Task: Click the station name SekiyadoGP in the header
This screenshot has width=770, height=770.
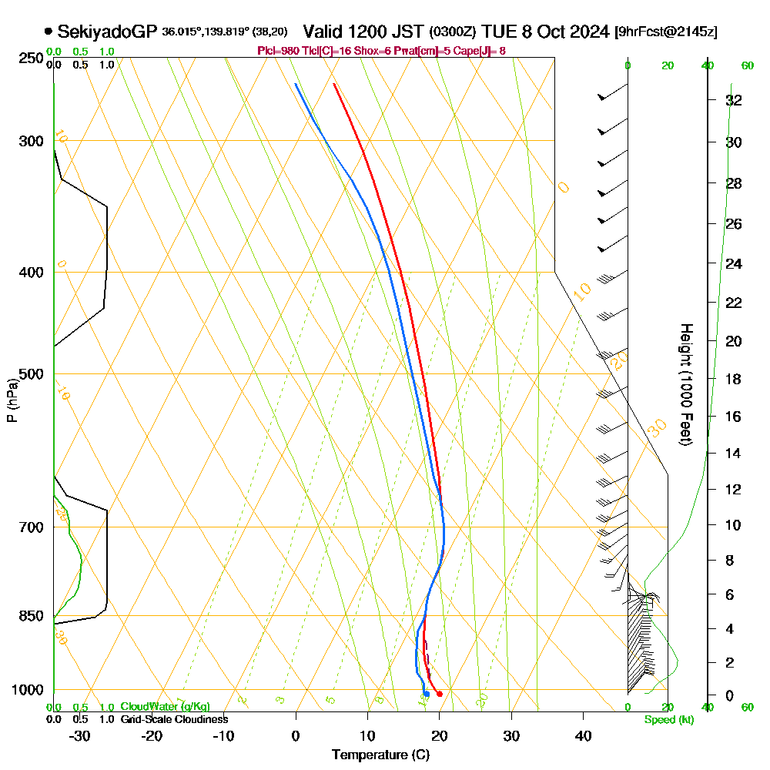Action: coord(107,32)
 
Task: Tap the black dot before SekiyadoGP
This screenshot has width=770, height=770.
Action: coord(49,32)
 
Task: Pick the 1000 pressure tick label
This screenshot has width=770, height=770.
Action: coord(27,690)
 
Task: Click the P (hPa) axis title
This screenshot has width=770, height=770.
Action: coord(12,400)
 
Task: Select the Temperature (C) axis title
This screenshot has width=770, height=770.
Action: coord(380,755)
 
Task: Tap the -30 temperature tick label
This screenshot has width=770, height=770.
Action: coord(80,735)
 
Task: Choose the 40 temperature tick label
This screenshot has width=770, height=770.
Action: coord(583,735)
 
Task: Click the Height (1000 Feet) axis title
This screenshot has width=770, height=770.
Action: coord(685,383)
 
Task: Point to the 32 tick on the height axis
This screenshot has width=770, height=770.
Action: coord(734,100)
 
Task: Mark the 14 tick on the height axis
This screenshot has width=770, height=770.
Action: coord(734,453)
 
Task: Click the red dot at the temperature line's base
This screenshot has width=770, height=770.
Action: coord(439,694)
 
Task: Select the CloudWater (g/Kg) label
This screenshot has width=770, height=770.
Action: coord(165,707)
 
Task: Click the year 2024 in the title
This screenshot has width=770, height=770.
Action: coord(586,32)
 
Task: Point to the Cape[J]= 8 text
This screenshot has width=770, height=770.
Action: coord(484,51)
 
